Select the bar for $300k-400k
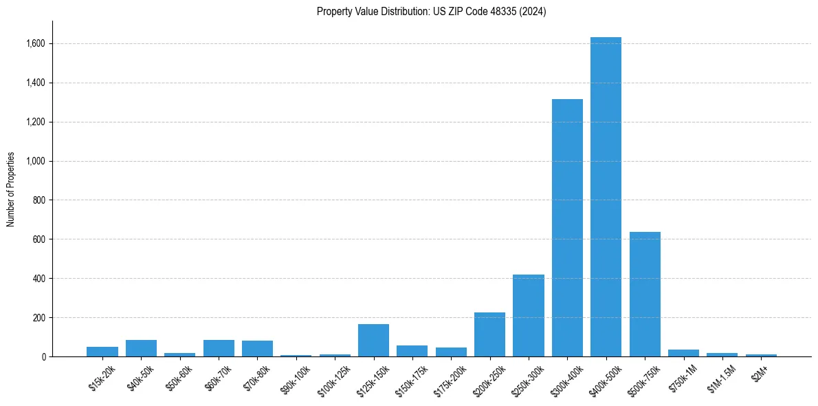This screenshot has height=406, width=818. coord(567,228)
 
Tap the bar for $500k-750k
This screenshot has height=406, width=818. coord(645,294)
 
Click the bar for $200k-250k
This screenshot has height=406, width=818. coord(489,334)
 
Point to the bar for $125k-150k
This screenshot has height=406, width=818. coord(373,340)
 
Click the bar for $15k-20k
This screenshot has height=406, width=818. coord(102,352)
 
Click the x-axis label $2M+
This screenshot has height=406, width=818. coord(760,372)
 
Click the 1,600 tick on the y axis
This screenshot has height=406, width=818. coord(35,43)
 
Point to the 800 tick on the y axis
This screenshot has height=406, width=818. coord(38,200)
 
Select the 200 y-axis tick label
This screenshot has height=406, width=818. coord(38,318)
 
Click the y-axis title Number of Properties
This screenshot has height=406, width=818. coord(11,189)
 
